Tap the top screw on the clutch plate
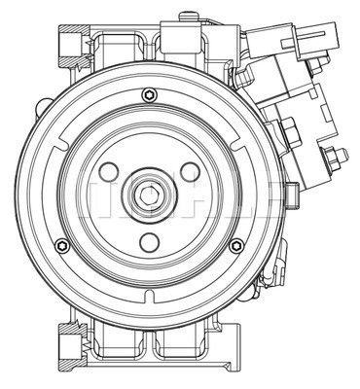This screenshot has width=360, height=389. point(148,94)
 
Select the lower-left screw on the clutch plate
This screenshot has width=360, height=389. point(63,244)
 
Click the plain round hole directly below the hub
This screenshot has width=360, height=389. point(150,242)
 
